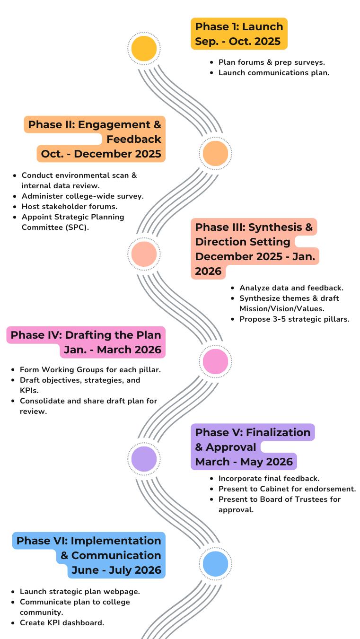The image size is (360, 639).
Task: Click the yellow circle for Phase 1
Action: [x=144, y=48]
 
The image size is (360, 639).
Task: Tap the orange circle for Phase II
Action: [x=215, y=153]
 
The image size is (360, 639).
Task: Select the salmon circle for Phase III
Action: [x=144, y=254]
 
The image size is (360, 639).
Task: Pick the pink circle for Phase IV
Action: [x=215, y=362]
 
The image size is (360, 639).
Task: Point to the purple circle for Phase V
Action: [x=144, y=458]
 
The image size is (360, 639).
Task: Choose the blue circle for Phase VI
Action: [x=215, y=564]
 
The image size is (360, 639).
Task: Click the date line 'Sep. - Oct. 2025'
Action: [x=238, y=41]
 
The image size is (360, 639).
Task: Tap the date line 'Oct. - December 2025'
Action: [x=101, y=154]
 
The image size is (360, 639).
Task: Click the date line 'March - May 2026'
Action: [x=244, y=461]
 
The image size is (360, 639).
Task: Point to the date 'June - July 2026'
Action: [x=116, y=570]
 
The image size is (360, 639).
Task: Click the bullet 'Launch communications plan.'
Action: [x=274, y=72]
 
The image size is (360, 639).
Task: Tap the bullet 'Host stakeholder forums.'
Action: [x=70, y=206]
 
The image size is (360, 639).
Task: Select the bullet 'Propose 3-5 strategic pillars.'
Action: [x=294, y=319]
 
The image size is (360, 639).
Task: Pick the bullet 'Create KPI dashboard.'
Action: [x=62, y=622]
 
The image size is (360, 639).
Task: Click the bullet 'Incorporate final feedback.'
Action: [x=269, y=478]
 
